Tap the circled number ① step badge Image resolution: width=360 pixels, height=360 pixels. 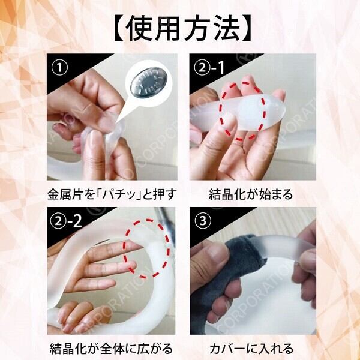pyautogui.click(x=59, y=68)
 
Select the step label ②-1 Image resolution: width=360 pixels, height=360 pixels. pyautogui.click(x=209, y=68)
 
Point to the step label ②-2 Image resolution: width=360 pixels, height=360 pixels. pyautogui.click(x=66, y=221)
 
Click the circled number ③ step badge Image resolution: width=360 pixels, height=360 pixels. pyautogui.click(x=203, y=221)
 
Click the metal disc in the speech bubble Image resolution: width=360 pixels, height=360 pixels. pyautogui.click(x=149, y=82)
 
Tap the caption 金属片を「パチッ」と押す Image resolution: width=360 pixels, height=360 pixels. pyautogui.click(x=112, y=194)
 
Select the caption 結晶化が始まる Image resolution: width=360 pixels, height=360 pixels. pyautogui.click(x=251, y=194)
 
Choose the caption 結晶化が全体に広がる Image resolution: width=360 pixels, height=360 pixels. pyautogui.click(x=111, y=348)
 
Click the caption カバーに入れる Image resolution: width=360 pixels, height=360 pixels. pyautogui.click(x=251, y=348)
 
